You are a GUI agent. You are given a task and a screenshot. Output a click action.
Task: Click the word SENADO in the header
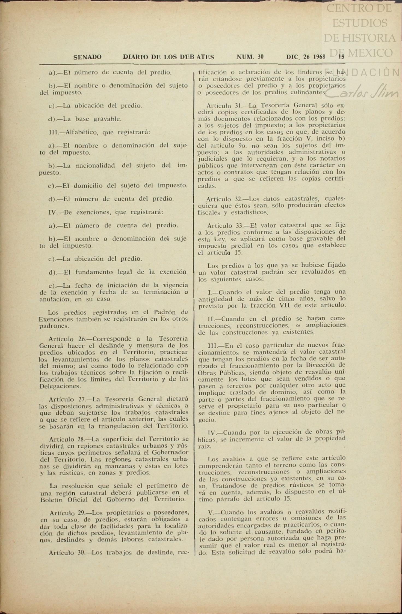coord(87,57)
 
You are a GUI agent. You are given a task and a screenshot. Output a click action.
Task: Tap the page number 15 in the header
coord(341,57)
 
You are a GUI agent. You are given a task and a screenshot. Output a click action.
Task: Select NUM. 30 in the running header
coord(250,57)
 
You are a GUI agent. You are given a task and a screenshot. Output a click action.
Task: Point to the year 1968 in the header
coord(319,57)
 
